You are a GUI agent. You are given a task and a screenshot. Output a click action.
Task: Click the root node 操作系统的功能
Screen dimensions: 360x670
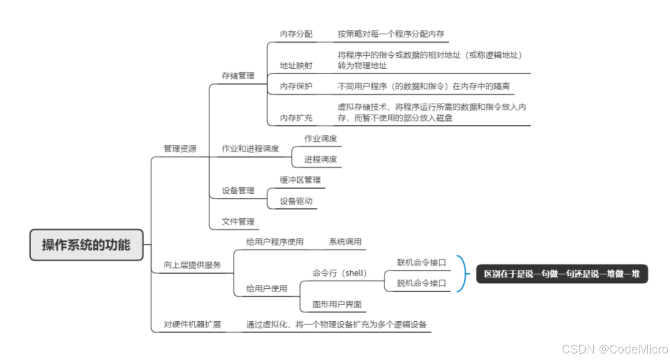click(86, 244)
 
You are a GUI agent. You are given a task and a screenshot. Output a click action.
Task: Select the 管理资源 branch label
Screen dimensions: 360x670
click(180, 148)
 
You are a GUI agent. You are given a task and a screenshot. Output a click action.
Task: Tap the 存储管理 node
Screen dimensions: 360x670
click(238, 76)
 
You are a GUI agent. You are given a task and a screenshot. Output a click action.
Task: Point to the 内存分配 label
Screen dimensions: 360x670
click(296, 34)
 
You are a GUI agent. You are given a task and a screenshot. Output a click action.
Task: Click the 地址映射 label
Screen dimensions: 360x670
click(296, 65)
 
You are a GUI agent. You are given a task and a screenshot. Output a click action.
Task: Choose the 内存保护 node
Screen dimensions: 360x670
click(296, 86)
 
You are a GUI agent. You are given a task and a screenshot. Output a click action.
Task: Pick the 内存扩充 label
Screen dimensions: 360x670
click(296, 118)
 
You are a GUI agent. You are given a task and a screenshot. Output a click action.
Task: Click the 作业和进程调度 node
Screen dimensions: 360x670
click(250, 148)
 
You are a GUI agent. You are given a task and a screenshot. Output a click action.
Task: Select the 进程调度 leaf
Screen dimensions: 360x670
click(320, 159)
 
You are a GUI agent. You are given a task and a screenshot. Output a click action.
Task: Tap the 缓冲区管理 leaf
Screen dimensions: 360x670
click(300, 180)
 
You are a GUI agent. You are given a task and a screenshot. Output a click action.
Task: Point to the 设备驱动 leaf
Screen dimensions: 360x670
click(296, 201)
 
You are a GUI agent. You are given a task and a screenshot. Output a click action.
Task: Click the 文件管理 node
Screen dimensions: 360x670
click(238, 222)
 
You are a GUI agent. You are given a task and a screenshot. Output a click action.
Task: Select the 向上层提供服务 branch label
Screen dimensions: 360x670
click(192, 265)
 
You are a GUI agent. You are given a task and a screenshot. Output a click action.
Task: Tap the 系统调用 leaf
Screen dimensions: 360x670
click(345, 242)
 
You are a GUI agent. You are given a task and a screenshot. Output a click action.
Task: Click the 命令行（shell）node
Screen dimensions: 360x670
click(340, 273)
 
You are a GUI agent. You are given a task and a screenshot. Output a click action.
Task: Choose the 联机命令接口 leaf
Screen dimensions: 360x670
click(421, 262)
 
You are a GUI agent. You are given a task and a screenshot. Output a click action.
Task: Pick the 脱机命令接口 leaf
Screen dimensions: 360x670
click(421, 283)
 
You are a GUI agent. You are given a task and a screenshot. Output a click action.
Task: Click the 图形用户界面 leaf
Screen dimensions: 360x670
click(337, 304)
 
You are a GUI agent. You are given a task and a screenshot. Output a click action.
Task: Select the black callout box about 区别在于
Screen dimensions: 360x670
click(561, 274)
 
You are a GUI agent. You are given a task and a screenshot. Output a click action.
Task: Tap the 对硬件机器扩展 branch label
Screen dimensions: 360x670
click(192, 325)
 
